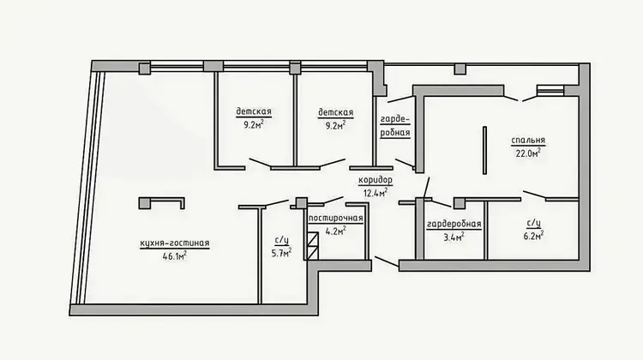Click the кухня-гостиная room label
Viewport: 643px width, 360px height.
tap(175, 243)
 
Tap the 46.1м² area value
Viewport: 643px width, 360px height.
tap(175, 256)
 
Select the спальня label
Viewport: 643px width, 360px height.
tap(528, 141)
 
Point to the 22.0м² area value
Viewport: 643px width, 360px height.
tap(528, 153)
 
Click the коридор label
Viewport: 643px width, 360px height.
tap(376, 180)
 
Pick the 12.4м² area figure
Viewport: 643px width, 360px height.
tap(376, 192)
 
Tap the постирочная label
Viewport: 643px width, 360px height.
tap(335, 218)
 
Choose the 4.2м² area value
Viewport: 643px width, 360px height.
tap(335, 231)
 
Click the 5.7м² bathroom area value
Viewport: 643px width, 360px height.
tap(281, 253)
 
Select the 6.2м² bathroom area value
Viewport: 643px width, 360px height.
tap(533, 236)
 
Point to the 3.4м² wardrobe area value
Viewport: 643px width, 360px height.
tap(454, 237)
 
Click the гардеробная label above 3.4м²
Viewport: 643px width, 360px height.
tap(454, 225)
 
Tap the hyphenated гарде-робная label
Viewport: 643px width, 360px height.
tap(395, 126)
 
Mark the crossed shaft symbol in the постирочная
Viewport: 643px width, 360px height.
tap(313, 246)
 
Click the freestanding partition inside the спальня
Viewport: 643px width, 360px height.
tap(484, 150)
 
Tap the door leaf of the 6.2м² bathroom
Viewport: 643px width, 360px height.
tap(534, 195)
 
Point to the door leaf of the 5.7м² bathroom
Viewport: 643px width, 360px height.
tap(277, 203)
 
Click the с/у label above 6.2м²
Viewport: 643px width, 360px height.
tap(533, 224)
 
